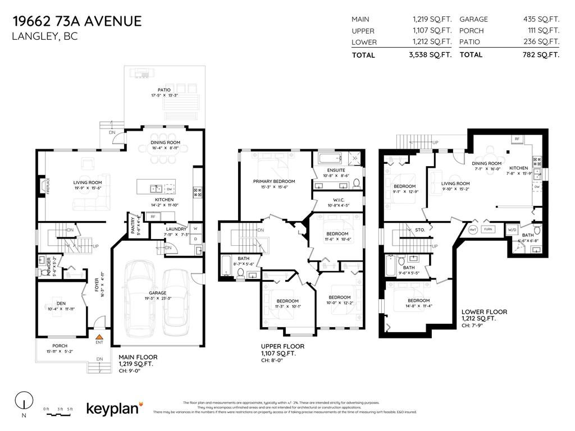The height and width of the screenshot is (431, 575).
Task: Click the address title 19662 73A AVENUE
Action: click(77, 21)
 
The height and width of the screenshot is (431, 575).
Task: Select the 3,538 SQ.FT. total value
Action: click(431, 55)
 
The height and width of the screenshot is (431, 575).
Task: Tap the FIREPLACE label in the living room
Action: click(48, 186)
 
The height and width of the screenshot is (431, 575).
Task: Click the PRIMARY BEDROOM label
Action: click(274, 181)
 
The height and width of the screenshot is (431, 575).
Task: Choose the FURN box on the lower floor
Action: click(488, 230)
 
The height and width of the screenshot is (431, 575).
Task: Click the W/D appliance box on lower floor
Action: click(512, 230)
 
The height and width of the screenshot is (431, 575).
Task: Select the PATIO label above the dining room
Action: click(164, 90)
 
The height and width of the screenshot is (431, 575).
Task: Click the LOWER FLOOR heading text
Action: click(484, 312)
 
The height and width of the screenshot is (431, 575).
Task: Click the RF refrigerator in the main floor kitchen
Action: click(152, 232)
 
